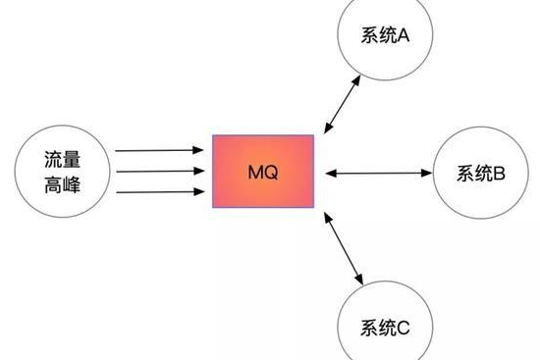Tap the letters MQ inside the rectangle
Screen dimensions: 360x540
(263, 173)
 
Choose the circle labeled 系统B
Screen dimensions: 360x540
(480, 174)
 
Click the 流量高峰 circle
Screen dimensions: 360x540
(60, 171)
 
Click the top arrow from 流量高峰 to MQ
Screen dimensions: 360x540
(157, 151)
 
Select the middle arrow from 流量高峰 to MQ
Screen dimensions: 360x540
(157, 172)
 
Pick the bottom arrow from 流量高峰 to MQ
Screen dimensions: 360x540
(157, 191)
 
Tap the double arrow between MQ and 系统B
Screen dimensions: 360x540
(378, 174)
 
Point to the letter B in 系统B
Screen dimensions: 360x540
(498, 175)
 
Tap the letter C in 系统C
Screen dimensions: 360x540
(403, 328)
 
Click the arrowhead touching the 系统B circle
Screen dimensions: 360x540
(428, 174)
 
